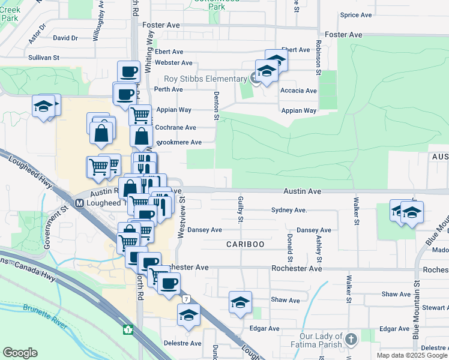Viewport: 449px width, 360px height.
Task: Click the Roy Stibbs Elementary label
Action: [x=206, y=79]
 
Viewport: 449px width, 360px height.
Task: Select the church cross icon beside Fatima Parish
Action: [x=351, y=339]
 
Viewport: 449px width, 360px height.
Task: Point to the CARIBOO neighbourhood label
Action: [x=245, y=244]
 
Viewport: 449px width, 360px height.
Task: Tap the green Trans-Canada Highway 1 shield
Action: [x=127, y=329]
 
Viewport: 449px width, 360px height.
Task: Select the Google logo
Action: [x=20, y=353]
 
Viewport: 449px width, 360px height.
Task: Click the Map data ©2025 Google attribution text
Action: [x=412, y=355]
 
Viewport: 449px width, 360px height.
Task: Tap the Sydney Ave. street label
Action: [x=289, y=210]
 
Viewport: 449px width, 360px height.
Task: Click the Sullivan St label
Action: [x=44, y=58]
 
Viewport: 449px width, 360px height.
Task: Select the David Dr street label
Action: [x=65, y=38]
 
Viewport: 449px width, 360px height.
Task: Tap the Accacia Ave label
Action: [x=298, y=91]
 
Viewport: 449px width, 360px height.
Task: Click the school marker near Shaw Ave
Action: [x=240, y=302]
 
